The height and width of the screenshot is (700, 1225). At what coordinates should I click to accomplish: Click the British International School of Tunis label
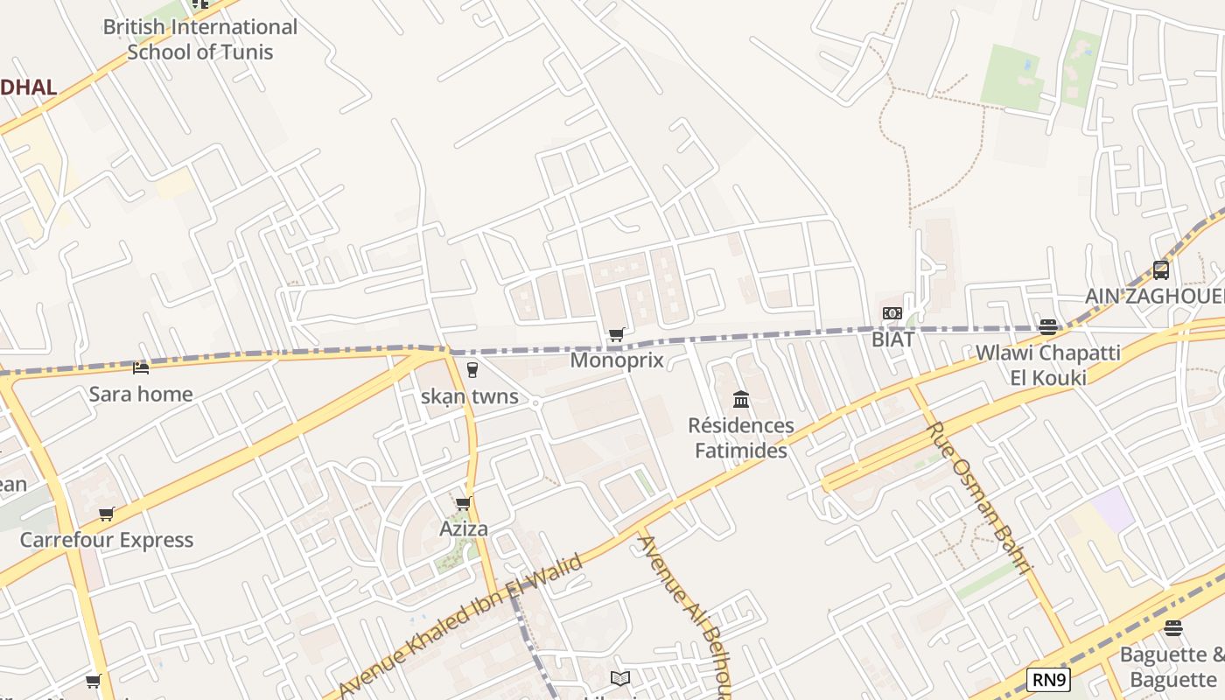pyautogui.click(x=200, y=39)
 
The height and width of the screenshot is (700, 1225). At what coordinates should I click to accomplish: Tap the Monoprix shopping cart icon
pyautogui.click(x=616, y=334)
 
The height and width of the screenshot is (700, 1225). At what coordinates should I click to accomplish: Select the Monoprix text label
pyautogui.click(x=617, y=360)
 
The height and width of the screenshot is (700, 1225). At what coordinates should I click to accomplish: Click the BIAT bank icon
pyautogui.click(x=892, y=313)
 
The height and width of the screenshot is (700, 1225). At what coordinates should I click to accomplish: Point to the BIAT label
pyautogui.click(x=892, y=339)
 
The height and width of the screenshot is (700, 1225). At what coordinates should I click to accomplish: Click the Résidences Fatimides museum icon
pyautogui.click(x=741, y=400)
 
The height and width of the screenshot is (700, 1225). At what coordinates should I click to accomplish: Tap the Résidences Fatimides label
pyautogui.click(x=741, y=437)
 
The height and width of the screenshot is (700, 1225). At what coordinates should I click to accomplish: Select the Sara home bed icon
pyautogui.click(x=141, y=367)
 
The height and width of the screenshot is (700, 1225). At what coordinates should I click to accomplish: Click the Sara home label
pyautogui.click(x=141, y=394)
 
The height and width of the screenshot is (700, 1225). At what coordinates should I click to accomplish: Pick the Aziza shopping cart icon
pyautogui.click(x=464, y=503)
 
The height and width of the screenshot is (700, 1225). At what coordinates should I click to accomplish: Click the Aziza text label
pyautogui.click(x=464, y=528)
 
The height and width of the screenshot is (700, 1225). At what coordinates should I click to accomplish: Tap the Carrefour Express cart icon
pyautogui.click(x=106, y=514)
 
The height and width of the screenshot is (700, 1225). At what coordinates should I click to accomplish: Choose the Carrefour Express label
pyautogui.click(x=107, y=539)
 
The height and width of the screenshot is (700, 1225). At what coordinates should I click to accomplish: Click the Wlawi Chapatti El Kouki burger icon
pyautogui.click(x=1047, y=327)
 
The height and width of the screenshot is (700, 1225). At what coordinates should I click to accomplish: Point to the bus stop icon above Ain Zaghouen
pyautogui.click(x=1161, y=270)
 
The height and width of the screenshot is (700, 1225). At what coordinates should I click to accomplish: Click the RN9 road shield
pyautogui.click(x=1048, y=679)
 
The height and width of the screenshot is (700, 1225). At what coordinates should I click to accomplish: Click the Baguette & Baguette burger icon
pyautogui.click(x=1173, y=628)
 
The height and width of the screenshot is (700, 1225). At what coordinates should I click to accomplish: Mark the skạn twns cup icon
pyautogui.click(x=472, y=370)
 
